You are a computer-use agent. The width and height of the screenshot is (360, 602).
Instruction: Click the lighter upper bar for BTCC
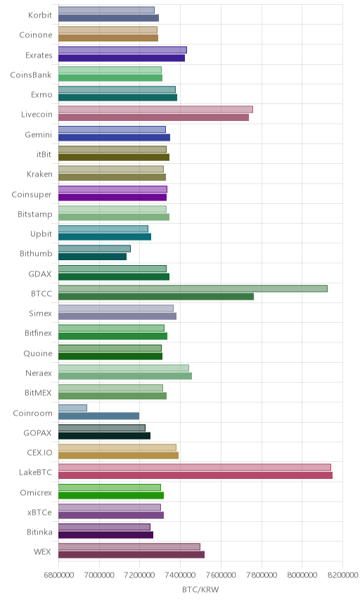(x=193, y=289)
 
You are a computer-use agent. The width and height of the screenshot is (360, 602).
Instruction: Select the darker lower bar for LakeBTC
(x=195, y=475)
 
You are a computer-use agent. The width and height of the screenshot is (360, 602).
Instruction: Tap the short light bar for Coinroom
(x=72, y=408)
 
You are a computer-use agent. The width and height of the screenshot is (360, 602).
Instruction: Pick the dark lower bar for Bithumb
(x=93, y=257)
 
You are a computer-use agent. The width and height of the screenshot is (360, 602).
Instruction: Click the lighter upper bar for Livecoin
(x=155, y=110)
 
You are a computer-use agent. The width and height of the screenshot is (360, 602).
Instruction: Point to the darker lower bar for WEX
(x=131, y=555)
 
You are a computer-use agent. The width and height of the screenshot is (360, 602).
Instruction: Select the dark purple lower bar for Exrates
(x=122, y=58)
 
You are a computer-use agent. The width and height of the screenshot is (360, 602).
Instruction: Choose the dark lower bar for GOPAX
(x=104, y=436)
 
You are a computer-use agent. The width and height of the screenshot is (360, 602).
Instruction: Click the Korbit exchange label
(x=40, y=15)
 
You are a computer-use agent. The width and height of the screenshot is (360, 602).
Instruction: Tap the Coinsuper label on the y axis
(x=32, y=194)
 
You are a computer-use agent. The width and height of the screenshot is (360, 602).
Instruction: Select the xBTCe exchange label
(x=39, y=512)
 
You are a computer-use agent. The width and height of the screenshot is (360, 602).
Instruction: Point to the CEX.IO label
(x=39, y=452)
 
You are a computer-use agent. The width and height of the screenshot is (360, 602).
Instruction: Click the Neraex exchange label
(x=39, y=373)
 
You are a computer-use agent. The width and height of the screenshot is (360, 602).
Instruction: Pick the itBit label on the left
(x=44, y=154)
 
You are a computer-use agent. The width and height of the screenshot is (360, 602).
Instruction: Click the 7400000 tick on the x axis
(x=181, y=575)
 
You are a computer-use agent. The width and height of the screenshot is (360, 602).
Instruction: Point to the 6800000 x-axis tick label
(x=59, y=575)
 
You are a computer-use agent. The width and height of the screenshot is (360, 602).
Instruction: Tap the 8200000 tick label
(x=342, y=575)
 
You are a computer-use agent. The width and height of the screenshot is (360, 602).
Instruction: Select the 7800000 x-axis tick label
(x=262, y=575)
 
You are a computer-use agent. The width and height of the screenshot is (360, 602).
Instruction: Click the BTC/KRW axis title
(x=200, y=590)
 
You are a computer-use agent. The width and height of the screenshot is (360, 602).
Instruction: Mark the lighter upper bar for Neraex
(x=124, y=369)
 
